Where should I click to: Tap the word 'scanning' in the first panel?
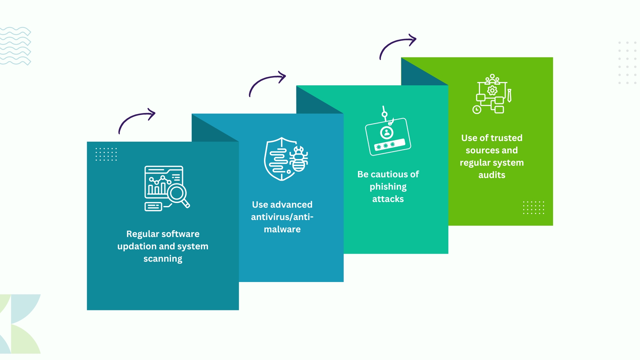[x=163, y=259]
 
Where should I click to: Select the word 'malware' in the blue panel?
[x=282, y=229]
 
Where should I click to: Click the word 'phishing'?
[x=388, y=187]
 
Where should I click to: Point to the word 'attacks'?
[x=388, y=199]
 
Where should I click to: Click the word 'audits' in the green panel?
[x=492, y=175]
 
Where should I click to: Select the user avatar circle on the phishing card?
[x=387, y=133]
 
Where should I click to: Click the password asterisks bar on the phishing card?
[x=390, y=145]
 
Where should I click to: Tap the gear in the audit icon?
[x=492, y=90]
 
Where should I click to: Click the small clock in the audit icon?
[x=477, y=110]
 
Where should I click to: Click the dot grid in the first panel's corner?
[x=106, y=154]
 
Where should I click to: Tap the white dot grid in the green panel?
[x=533, y=208]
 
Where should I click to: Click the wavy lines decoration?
[x=15, y=46]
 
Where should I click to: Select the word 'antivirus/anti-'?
[x=282, y=217]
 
